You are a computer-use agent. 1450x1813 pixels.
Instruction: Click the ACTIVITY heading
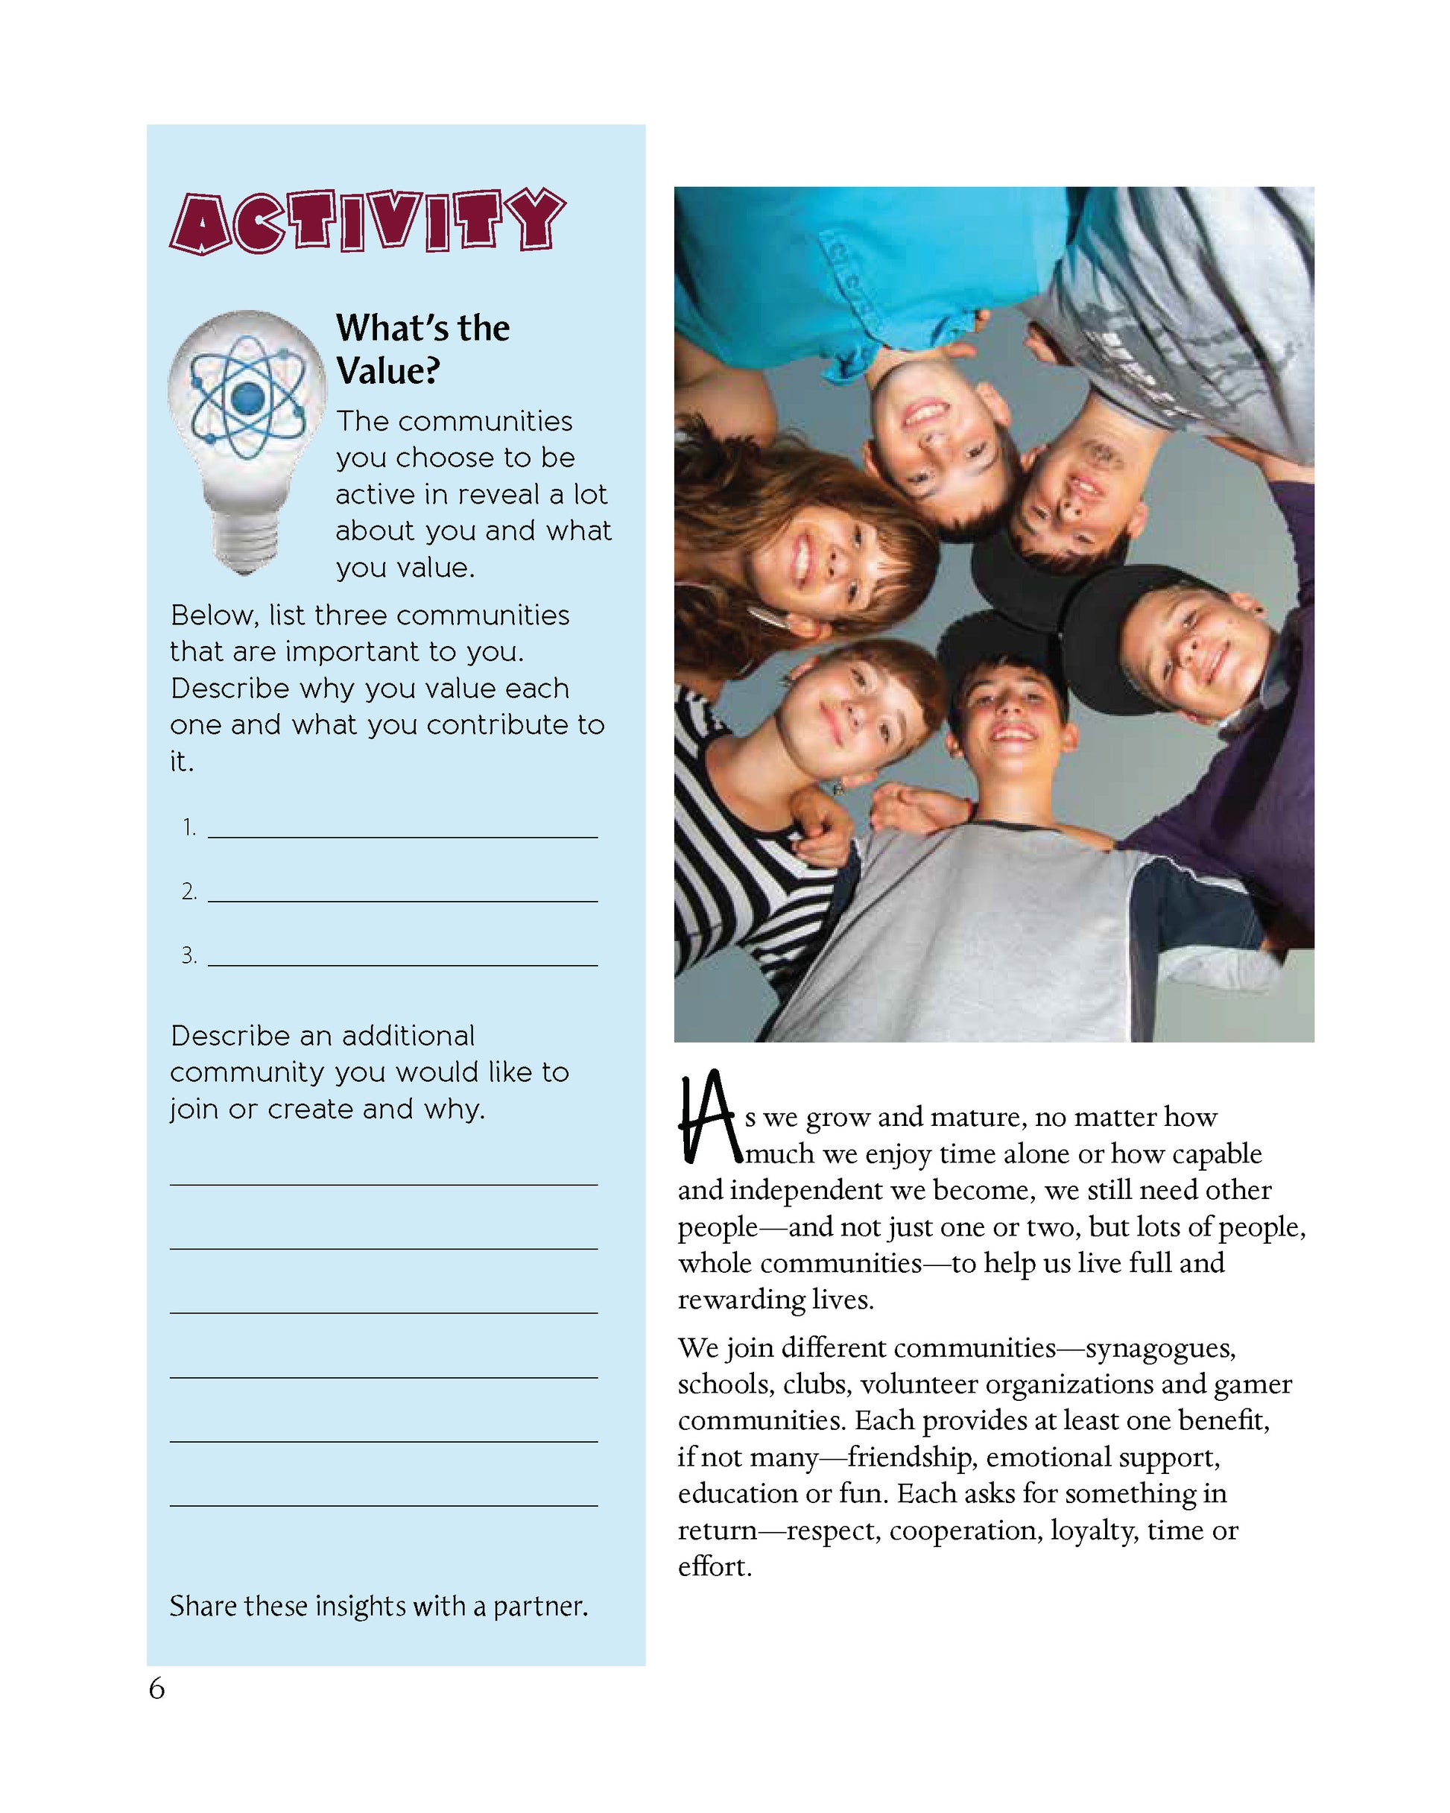coord(367,221)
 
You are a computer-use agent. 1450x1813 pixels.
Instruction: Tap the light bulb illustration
coord(246,437)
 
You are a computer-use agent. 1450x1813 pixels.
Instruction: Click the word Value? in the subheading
coord(387,371)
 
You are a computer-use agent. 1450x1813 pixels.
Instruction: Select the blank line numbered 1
coord(402,829)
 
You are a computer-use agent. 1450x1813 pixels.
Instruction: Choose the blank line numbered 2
coord(402,893)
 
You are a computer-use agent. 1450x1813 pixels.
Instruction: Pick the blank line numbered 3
coord(402,957)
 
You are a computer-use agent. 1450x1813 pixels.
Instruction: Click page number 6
coord(157,1689)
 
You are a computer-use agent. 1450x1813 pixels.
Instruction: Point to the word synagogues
coord(1160,1348)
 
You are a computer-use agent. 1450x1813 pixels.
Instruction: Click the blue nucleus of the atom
coord(247,399)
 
